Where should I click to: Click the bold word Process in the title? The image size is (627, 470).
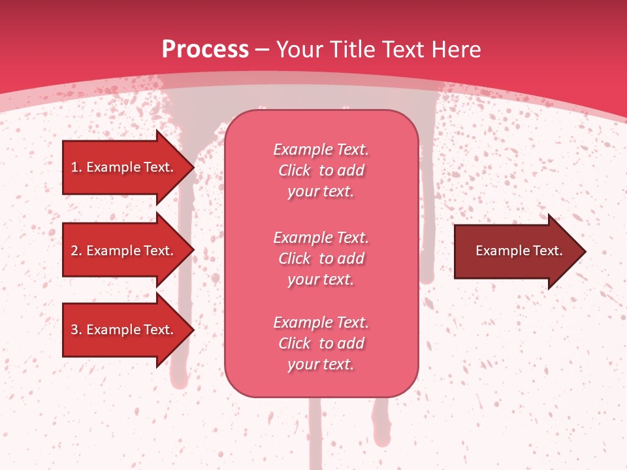(x=205, y=50)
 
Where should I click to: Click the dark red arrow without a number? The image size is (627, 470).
(x=516, y=251)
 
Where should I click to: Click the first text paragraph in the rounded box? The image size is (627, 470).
(x=321, y=170)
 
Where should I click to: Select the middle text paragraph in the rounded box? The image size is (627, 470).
(x=321, y=258)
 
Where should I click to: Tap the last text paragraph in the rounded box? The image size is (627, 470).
(x=321, y=343)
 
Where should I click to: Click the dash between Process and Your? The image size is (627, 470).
(x=263, y=50)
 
